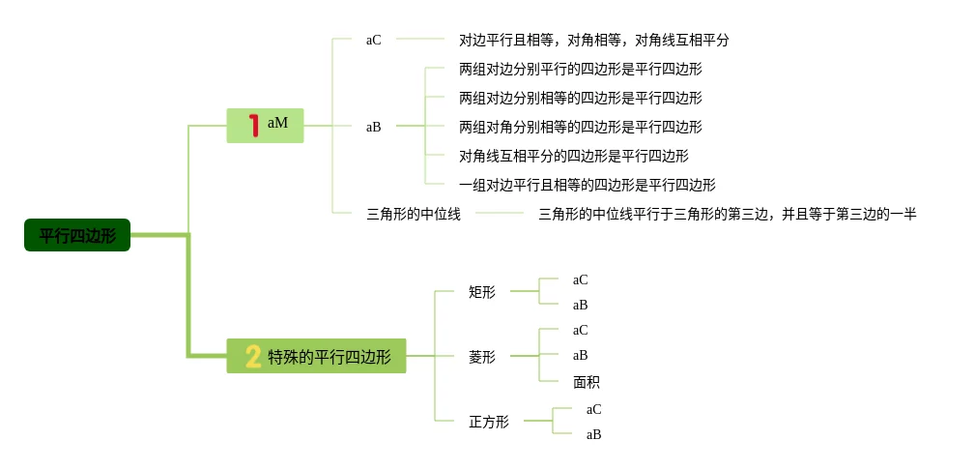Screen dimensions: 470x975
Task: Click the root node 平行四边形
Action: coord(77,235)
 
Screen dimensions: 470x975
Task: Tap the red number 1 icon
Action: coord(253,126)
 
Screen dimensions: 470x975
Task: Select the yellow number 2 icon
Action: coord(253,356)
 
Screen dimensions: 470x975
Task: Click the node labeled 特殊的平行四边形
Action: coord(330,357)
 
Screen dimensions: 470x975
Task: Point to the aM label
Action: coord(278,124)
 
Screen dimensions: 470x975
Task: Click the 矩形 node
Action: coord(482,291)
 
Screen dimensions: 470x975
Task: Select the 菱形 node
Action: coord(482,357)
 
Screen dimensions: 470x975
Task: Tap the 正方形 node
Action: coord(489,422)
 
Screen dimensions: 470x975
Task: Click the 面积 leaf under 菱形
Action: coord(587,382)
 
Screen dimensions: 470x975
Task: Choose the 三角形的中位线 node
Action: coord(414,214)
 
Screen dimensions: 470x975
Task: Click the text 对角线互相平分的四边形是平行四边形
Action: coord(574,156)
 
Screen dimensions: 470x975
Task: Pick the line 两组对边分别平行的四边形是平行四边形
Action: coord(581,69)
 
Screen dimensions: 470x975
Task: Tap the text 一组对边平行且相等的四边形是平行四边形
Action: coord(588,185)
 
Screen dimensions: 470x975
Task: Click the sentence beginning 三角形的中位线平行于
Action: coord(728,214)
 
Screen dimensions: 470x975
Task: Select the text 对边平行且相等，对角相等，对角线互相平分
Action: coord(594,41)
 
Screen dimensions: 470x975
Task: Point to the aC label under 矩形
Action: coord(581,280)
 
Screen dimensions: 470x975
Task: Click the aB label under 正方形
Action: coord(594,435)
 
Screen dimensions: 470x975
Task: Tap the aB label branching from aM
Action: coord(374,127)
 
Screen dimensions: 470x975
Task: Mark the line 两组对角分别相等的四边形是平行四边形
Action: coord(581,127)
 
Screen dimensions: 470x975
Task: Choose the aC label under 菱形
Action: coord(581,331)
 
